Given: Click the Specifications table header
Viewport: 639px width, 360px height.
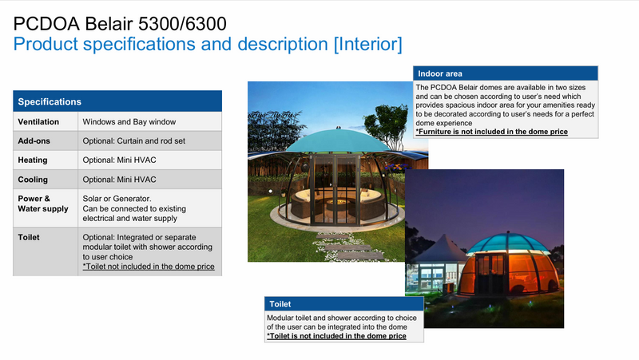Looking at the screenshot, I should pyautogui.click(x=50, y=102).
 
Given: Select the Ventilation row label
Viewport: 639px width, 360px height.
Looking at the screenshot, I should pyautogui.click(x=40, y=122).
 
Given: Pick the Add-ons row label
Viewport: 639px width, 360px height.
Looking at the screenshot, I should pyautogui.click(x=35, y=140).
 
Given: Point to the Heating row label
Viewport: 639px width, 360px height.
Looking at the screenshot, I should pyautogui.click(x=34, y=159).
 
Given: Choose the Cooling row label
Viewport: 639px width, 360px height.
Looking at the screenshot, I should pyautogui.click(x=34, y=178).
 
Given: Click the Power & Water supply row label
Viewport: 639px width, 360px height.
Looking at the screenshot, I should pyautogui.click(x=43, y=204).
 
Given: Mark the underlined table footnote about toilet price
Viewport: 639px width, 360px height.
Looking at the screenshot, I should pyautogui.click(x=149, y=267).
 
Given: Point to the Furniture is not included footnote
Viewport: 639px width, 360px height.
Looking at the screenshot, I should pyautogui.click(x=491, y=130).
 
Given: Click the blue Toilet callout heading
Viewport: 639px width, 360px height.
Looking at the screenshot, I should pyautogui.click(x=280, y=304).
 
